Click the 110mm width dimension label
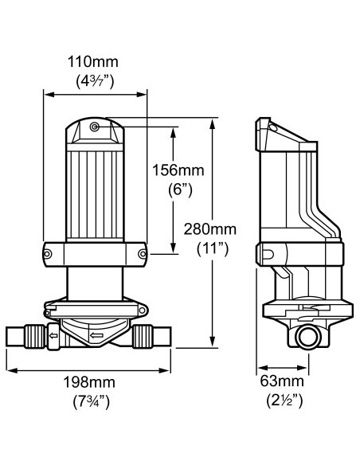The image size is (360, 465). coord(94,61)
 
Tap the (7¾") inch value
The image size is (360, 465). coord(88,402)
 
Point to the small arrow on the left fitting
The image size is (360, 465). coord(53,334)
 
